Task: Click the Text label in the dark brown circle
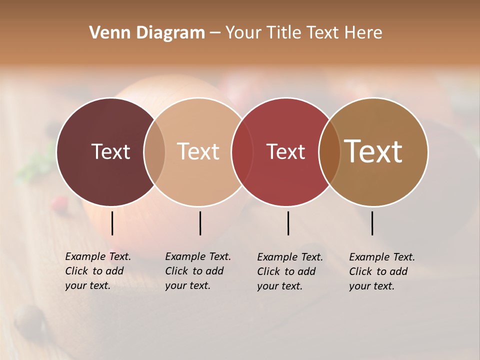[x=110, y=151]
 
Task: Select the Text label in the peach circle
[x=198, y=151]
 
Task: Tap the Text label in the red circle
[x=285, y=151]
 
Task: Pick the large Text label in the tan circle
[x=373, y=151]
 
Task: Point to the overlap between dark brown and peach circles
[x=154, y=151]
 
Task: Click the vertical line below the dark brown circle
[x=112, y=223]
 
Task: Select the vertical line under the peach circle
[x=200, y=223]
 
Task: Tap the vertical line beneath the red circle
[x=288, y=223]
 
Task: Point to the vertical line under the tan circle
[x=372, y=223]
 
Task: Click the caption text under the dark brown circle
[x=97, y=271]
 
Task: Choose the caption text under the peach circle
[x=197, y=271]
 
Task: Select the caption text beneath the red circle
[x=289, y=271]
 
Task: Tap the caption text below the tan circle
[x=381, y=271]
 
